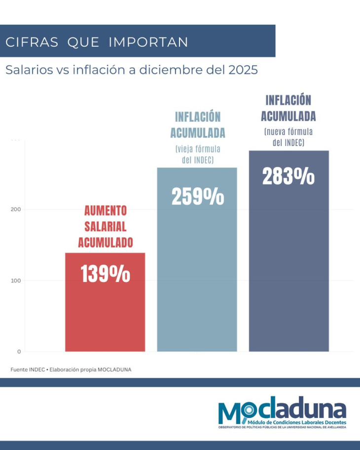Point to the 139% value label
105,275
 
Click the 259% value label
197,197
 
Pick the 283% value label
288,176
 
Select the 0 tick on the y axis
19,351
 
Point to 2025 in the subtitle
244,70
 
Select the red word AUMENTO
105,211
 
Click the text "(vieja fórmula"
197,149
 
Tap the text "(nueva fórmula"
288,132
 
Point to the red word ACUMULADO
105,242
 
